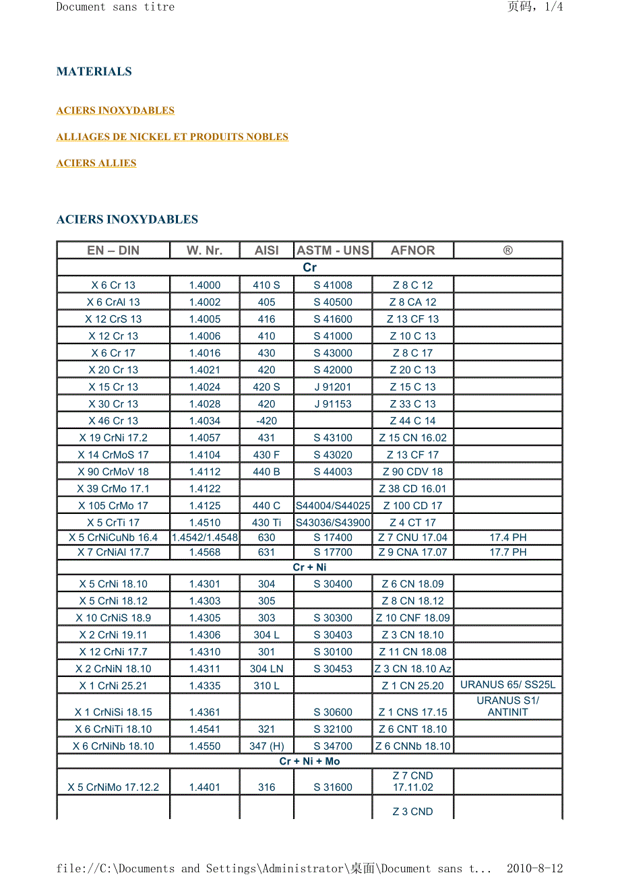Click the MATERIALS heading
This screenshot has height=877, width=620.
94,71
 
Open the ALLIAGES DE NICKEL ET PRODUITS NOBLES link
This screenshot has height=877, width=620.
173,137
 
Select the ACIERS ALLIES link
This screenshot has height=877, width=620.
96,163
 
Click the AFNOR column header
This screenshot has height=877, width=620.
412,250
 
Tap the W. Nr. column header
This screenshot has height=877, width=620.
204,250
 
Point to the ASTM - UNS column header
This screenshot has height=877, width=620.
333,250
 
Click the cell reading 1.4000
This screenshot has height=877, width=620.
204,285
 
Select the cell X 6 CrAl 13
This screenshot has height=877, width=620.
113,302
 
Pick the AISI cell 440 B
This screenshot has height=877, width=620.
266,472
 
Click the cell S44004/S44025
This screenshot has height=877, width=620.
333,505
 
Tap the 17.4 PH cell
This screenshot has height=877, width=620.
507,538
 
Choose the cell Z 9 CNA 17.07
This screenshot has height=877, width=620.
412,552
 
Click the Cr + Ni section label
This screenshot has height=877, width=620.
309,567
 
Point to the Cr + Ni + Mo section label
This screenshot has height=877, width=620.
309,761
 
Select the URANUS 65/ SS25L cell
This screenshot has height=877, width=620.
507,684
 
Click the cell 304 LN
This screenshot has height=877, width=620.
266,668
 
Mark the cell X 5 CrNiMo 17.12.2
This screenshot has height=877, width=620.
113,787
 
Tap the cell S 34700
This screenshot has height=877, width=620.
333,746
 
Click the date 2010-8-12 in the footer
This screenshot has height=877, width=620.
534,868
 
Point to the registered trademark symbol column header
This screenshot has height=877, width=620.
507,250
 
